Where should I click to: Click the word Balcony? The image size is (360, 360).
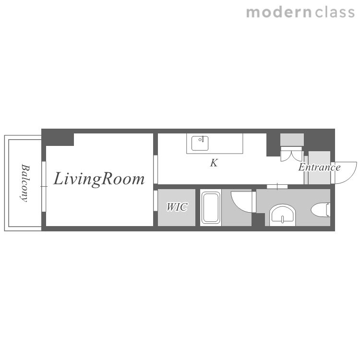click(x=25, y=183)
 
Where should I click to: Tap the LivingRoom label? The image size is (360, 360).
click(x=99, y=179)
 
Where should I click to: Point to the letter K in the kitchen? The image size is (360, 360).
click(x=214, y=163)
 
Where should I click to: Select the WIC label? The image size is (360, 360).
click(x=177, y=207)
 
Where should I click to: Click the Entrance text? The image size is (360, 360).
click(x=319, y=167)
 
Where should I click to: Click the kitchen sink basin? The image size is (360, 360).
click(x=200, y=143)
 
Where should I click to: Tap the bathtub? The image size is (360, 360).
click(x=211, y=207)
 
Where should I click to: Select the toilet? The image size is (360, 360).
click(x=321, y=210)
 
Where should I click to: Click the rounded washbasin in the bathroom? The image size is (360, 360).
click(x=282, y=216)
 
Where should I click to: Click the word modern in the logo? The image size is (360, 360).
click(x=279, y=12)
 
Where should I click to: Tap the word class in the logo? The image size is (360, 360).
click(x=335, y=12)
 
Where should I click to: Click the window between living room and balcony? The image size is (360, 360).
click(x=44, y=186)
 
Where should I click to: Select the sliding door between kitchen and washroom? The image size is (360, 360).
click(x=277, y=186)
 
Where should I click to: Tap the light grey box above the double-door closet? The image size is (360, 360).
click(x=292, y=140)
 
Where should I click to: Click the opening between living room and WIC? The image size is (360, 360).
click(x=156, y=201)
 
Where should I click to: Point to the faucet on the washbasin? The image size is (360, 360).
click(x=282, y=219)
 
